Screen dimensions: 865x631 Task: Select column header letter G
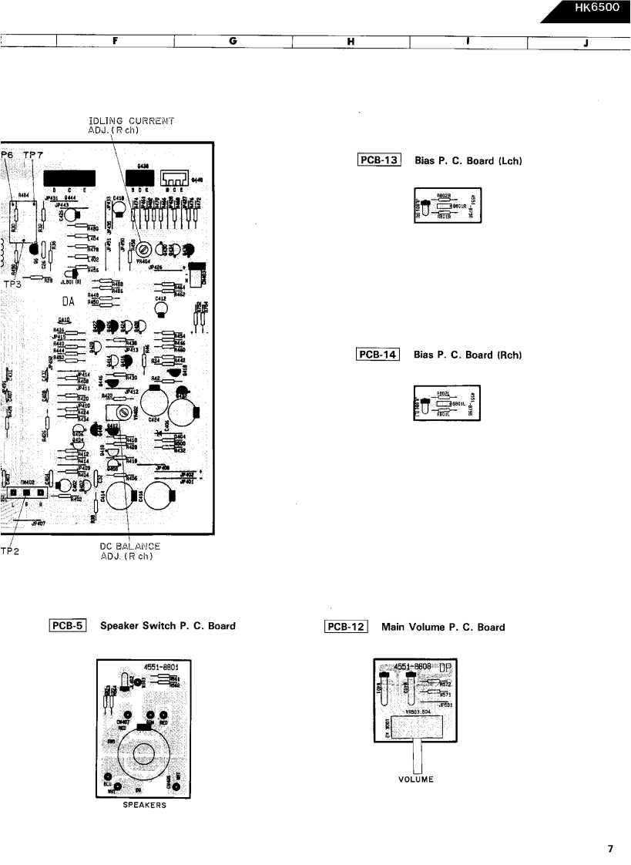click(232, 42)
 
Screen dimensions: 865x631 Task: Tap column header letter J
click(586, 42)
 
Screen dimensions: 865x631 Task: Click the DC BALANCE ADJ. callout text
click(130, 551)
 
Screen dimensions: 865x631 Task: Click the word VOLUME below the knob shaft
click(416, 779)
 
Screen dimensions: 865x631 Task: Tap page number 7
click(610, 849)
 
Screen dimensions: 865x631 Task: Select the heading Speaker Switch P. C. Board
click(168, 626)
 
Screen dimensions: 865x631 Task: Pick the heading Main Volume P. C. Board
click(448, 627)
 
